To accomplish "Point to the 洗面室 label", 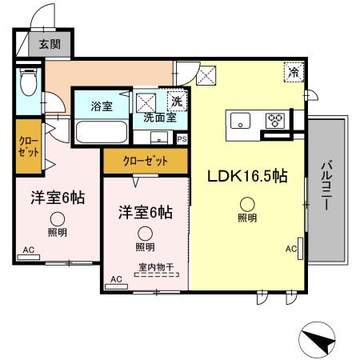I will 159,117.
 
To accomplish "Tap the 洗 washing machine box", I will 175,101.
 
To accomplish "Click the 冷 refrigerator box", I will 292,71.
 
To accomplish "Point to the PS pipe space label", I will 182,138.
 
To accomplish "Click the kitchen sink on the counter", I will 241,121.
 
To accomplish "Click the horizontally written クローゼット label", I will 145,161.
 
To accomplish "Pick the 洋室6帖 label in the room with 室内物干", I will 145,213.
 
